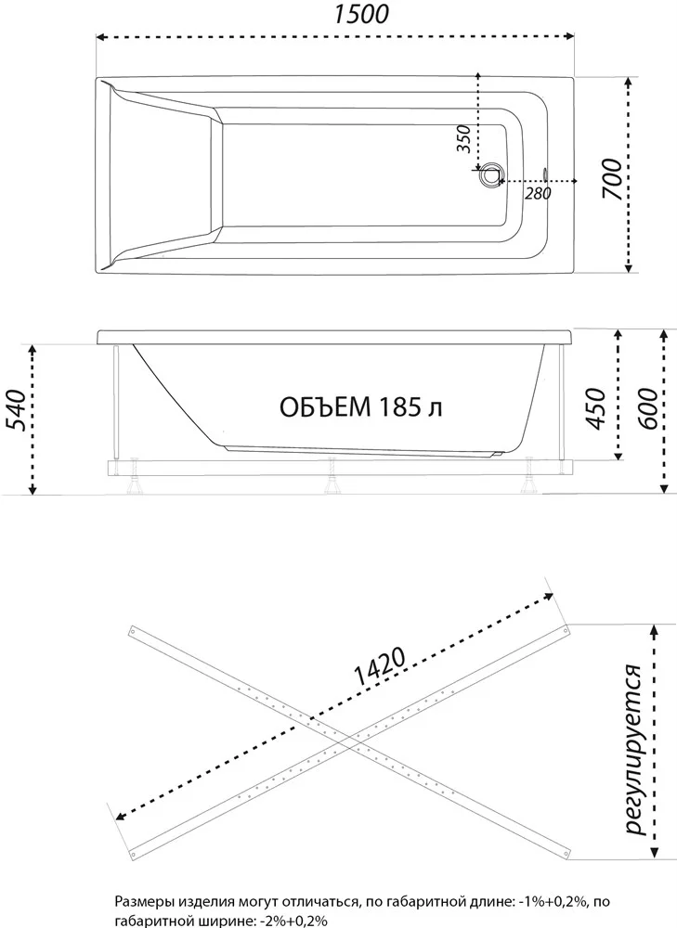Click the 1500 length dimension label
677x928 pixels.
361,14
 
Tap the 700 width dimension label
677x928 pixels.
612,179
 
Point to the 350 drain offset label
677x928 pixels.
465,139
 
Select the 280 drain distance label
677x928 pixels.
538,193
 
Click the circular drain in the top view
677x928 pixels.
491,175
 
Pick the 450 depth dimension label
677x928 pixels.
595,409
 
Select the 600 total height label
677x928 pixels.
646,409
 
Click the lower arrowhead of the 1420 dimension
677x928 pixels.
120,816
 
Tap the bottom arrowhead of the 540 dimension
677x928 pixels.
33,489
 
